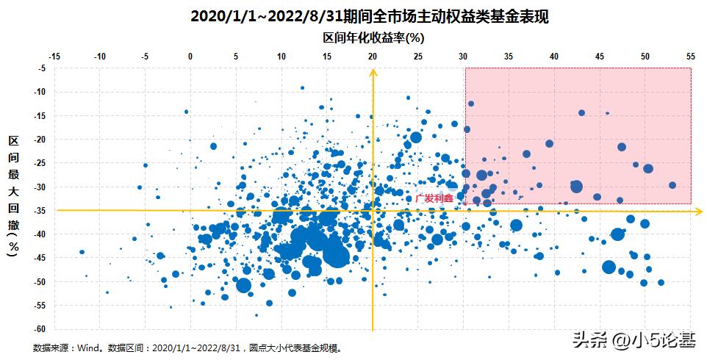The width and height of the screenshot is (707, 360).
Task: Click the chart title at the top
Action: [369, 16]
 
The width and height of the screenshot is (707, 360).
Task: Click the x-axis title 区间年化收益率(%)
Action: [374, 37]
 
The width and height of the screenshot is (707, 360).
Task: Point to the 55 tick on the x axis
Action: [690, 56]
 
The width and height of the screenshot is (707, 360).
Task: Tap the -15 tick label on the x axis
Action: [54, 56]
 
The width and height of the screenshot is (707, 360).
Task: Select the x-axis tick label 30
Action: [463, 56]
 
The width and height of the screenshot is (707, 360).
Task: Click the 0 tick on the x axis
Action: [190, 56]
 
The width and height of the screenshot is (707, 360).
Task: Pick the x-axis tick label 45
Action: [600, 56]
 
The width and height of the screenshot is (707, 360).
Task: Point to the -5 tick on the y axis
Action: [43, 68]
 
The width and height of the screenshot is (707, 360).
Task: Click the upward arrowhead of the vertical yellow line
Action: [373, 72]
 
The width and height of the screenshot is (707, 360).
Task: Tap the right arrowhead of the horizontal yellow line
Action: [698, 211]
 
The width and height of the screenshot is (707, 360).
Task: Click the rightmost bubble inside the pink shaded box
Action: [672, 185]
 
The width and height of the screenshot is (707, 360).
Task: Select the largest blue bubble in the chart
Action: [336, 255]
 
